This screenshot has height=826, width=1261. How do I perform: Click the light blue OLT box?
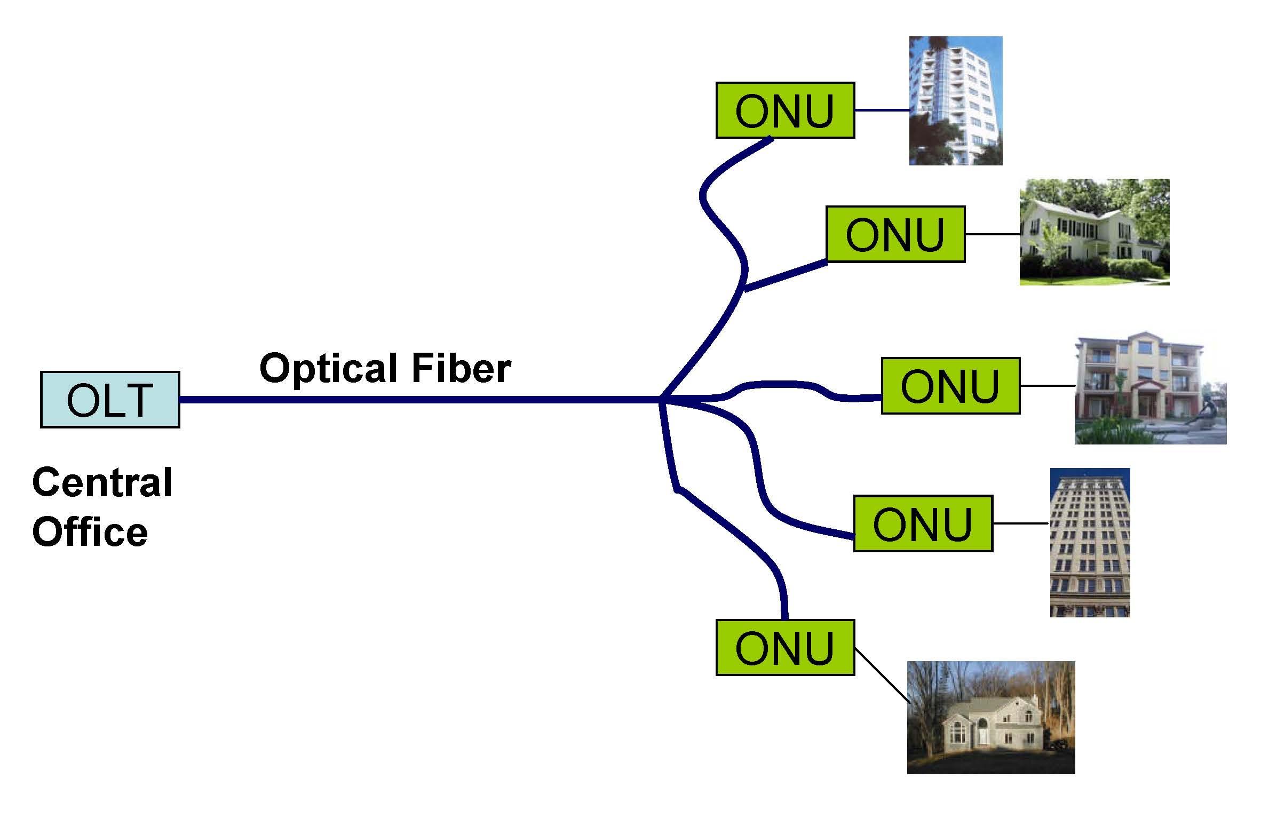click(110, 400)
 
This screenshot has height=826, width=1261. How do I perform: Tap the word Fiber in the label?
click(461, 368)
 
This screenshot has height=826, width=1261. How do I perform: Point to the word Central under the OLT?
click(102, 482)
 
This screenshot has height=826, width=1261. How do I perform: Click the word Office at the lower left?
click(90, 532)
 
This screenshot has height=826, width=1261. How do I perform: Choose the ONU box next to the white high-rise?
click(784, 110)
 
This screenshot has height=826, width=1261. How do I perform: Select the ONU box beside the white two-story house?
click(895, 234)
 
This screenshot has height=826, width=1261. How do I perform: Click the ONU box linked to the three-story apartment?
click(950, 386)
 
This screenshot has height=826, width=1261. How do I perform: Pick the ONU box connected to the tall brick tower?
click(923, 523)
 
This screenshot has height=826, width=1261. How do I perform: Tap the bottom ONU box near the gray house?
click(784, 648)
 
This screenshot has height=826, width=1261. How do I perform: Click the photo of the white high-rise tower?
click(955, 100)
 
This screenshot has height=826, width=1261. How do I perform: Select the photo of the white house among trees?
click(1094, 232)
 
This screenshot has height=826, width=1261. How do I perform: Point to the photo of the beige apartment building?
click(1150, 387)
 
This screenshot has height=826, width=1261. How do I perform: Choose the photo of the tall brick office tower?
click(1090, 542)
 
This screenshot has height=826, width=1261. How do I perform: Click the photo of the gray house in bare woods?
click(990, 717)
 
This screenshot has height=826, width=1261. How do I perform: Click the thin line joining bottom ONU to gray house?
click(881, 674)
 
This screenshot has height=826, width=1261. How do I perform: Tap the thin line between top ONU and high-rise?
click(882, 110)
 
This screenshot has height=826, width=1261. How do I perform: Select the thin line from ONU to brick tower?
click(1020, 523)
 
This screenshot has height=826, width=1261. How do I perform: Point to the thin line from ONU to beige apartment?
click(1047, 386)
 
